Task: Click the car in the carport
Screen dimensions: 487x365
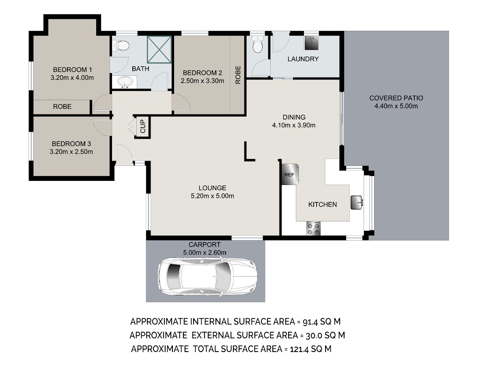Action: point(207,276)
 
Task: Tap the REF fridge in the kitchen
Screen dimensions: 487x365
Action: point(290,174)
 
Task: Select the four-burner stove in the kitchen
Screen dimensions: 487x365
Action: point(313,228)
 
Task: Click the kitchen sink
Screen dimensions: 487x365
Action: point(357,202)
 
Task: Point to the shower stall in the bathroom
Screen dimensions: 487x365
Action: point(159,49)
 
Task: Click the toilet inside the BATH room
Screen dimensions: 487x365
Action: point(121,46)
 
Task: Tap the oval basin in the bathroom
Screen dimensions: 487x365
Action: point(125,82)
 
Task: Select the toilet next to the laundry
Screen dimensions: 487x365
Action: point(258,44)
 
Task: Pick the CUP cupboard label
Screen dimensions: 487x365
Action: point(143,126)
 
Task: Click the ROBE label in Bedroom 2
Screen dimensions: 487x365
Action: point(238,75)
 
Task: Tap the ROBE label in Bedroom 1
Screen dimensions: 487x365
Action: point(62,107)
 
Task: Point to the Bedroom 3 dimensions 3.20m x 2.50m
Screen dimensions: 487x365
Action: point(71,152)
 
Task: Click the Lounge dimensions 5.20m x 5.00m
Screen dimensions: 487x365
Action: point(212,196)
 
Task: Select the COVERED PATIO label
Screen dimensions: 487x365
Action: point(396,98)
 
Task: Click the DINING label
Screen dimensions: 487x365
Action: point(294,117)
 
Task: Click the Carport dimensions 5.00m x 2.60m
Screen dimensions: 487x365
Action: point(205,252)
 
